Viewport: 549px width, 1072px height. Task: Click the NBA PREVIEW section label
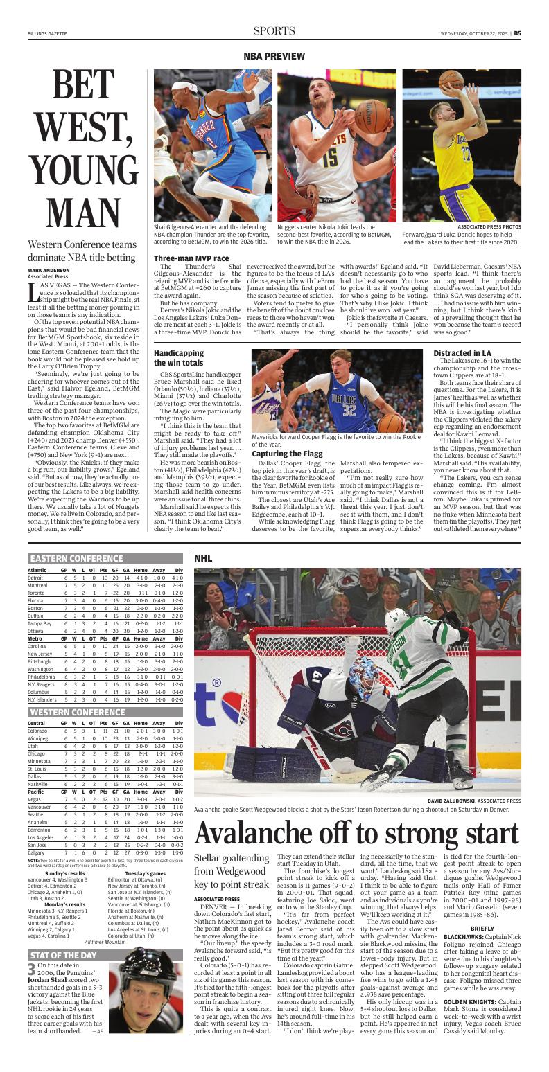coord(274,55)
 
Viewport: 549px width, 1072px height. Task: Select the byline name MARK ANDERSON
coord(49,269)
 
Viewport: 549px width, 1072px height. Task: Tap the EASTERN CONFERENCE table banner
coord(76,558)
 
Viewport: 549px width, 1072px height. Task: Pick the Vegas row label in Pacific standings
coord(35,799)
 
